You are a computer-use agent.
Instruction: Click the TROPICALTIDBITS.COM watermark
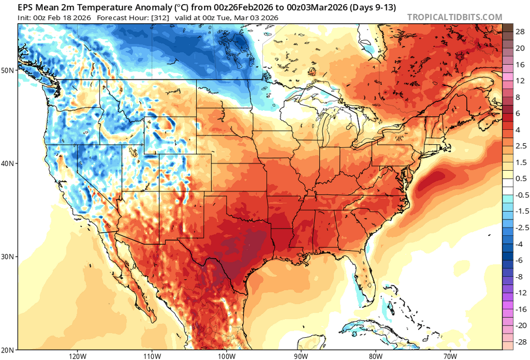pos(454,17)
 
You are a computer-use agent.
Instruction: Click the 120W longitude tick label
pos(77,356)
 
